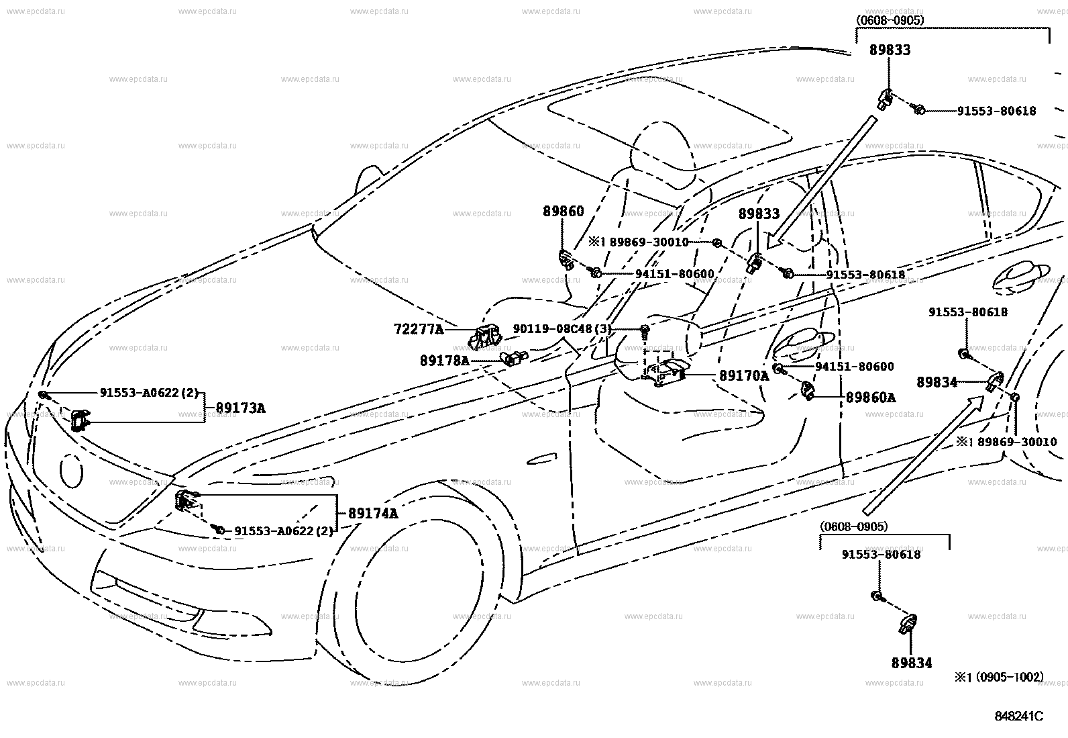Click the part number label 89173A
coord(240,408)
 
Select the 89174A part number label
coord(373,514)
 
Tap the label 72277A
coord(419,329)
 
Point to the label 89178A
coord(445,361)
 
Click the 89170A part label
coord(744,376)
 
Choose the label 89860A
coord(871,398)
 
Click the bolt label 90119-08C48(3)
coord(562,329)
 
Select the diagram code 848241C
coord(1018,717)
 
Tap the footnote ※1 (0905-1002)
coord(999,677)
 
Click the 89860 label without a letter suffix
coord(563,212)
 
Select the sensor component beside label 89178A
coord(513,358)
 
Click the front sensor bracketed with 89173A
coord(79,420)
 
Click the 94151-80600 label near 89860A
coord(855,367)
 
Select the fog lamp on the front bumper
coord(232,623)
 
